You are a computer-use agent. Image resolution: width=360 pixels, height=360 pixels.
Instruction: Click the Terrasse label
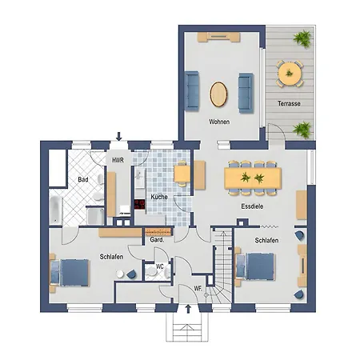pos(289,103)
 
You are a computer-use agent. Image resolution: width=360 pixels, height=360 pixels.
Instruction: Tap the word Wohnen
pos(219,122)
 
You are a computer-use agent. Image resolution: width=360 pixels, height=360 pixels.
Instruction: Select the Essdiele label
pos(252,206)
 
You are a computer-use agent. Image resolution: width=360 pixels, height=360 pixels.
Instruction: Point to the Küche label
pos(159,197)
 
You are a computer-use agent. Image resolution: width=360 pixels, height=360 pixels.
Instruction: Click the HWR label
pos(118,160)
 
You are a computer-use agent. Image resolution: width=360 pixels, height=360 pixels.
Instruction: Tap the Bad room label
pos(83,179)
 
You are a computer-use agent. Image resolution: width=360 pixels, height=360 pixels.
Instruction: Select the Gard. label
pos(157,240)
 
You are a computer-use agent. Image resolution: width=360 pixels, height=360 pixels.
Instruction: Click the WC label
pos(159,266)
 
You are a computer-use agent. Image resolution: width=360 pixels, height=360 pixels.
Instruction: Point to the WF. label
pos(198,288)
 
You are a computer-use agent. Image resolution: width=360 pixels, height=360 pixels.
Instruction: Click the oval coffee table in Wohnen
pos(218,94)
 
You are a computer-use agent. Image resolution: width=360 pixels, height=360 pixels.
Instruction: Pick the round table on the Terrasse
pos(290,74)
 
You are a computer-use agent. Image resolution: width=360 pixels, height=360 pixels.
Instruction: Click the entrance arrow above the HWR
pos(119,136)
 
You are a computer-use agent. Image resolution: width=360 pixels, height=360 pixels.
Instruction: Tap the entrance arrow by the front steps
pos(188,309)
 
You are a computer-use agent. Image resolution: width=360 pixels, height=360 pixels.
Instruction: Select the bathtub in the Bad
pos(56,210)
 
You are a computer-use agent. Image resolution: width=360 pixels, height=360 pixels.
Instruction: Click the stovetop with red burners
pos(139,204)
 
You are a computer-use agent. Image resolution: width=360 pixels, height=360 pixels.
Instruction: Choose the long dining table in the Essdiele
pos(253,178)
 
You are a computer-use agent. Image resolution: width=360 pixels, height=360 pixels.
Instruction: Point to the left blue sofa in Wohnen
pos(192,91)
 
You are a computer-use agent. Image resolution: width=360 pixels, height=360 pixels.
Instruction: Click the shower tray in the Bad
pos(95,216)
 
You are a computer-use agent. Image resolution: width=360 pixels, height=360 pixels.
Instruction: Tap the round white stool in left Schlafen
pos(120,274)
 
